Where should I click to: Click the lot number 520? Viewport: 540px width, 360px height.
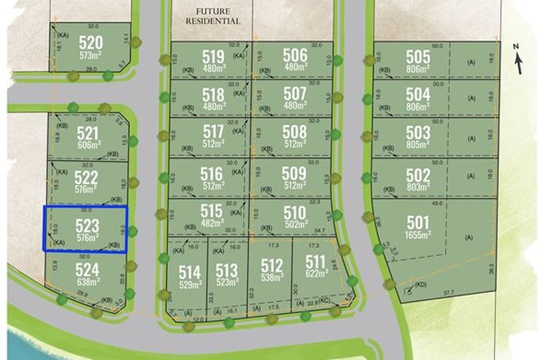(x=92, y=43)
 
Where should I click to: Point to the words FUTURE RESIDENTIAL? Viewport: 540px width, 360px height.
(x=213, y=16)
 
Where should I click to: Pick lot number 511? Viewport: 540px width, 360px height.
(x=315, y=263)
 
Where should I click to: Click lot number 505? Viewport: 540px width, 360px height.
(x=417, y=57)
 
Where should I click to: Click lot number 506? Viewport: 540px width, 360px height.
(x=295, y=56)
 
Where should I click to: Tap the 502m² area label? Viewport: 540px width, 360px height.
(x=295, y=224)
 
